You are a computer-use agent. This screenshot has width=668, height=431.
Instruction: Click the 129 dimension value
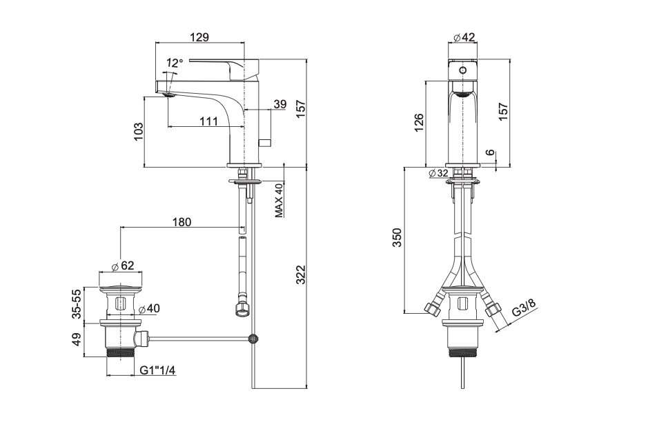coord(199,37)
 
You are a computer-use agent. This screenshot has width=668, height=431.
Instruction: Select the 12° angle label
coord(175,63)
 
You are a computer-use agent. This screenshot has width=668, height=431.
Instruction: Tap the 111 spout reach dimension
coord(208,121)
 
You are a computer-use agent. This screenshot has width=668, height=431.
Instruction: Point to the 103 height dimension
coord(139,132)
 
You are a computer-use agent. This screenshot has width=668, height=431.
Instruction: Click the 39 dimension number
coord(280,104)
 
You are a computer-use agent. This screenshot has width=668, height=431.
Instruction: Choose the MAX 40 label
coord(279,200)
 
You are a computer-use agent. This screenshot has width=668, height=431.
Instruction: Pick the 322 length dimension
coord(301,274)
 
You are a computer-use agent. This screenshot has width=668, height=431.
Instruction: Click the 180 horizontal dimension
coord(182,222)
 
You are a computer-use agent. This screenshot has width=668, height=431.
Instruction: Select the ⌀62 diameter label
coord(123,265)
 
